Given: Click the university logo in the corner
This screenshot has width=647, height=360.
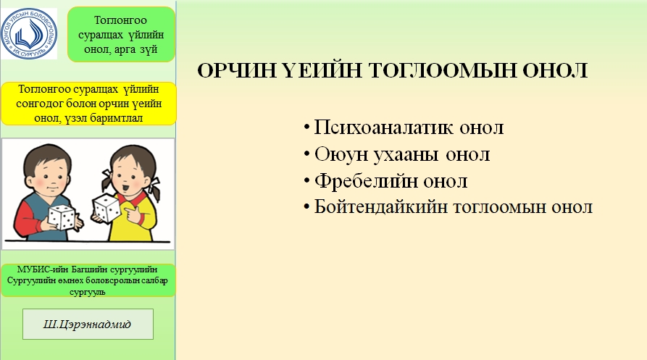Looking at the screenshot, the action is point(28,33).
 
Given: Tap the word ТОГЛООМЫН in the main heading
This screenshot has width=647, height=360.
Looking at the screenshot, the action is point(442,70).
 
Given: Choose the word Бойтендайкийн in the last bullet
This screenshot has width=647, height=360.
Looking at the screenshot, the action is point(380,206).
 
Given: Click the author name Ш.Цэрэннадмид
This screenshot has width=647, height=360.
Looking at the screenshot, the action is point(87,324).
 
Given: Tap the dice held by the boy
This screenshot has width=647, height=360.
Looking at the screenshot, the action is point(61,217).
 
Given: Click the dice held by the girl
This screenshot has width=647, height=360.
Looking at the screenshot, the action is point(106,208).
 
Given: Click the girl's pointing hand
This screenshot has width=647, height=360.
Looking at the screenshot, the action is point(133,214).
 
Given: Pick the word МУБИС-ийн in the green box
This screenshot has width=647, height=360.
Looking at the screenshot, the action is point(43,269).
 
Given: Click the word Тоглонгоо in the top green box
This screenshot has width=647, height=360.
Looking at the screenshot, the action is point(120,20).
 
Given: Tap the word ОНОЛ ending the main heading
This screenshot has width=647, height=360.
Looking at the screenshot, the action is point(555,70).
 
